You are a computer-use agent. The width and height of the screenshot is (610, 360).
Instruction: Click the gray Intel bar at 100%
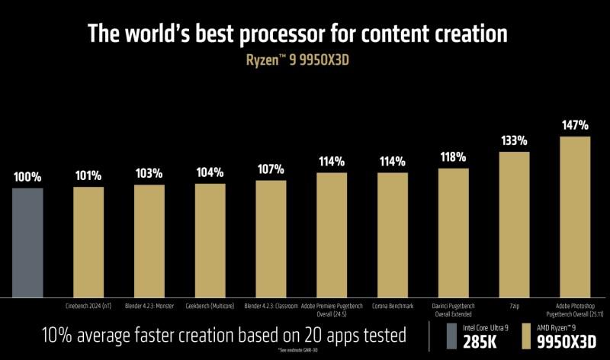point(27,243)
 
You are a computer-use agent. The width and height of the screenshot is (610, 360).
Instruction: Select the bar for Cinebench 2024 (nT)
point(88,242)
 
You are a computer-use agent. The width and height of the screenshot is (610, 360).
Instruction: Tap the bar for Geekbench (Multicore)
point(210,240)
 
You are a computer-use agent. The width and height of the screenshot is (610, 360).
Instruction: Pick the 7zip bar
point(514,224)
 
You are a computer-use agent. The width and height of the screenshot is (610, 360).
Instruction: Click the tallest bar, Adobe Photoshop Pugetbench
point(575,217)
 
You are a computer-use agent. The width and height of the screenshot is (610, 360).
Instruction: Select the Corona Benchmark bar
point(393,235)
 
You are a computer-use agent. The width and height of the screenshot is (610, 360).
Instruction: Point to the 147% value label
point(575,125)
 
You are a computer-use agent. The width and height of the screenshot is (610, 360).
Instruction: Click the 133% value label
point(514,141)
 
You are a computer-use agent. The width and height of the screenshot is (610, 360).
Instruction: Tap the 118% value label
point(454,157)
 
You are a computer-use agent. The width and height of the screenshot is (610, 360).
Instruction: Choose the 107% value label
point(271,169)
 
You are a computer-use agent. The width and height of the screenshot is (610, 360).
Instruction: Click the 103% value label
point(149,173)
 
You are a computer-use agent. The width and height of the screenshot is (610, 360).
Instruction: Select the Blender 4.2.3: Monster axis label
point(149,305)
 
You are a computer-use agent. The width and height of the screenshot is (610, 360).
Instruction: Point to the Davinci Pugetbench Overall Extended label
point(454,309)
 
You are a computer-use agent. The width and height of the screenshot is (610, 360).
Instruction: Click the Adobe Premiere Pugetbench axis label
point(332,309)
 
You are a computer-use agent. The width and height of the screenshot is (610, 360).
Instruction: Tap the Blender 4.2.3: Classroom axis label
point(271,305)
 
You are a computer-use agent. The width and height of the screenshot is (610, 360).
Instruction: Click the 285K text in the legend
point(480,340)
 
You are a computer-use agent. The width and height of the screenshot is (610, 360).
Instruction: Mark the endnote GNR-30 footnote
point(305,352)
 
